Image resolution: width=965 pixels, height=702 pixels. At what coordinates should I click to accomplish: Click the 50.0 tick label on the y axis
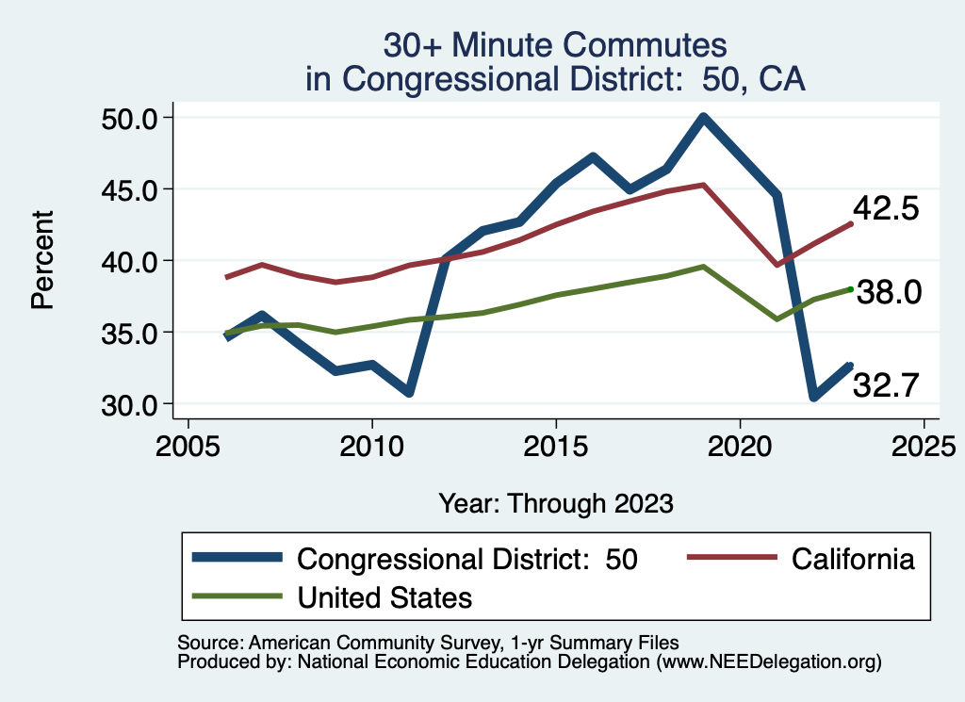click(x=132, y=118)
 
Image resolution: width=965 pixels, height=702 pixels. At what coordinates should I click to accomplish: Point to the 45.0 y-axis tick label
click(x=132, y=189)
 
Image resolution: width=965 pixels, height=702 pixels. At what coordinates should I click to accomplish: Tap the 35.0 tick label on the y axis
click(x=132, y=333)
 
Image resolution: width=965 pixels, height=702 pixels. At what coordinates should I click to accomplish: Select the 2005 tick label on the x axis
click(x=188, y=442)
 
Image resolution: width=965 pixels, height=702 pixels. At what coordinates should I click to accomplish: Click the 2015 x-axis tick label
click(x=556, y=442)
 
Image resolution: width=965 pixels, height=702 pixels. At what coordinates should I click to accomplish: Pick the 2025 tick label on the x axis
click(x=924, y=442)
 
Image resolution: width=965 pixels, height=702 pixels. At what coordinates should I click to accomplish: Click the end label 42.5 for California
click(x=886, y=208)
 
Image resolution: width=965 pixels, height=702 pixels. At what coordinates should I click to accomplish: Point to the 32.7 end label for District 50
click(x=886, y=384)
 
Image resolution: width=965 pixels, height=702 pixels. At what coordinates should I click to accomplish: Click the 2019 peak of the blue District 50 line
click(x=703, y=118)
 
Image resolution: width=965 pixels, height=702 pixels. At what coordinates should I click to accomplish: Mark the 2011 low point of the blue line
click(x=409, y=391)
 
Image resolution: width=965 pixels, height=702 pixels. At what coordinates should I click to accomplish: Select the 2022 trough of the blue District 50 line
click(x=813, y=397)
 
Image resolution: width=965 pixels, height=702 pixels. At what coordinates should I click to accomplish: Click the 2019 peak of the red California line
click(x=703, y=185)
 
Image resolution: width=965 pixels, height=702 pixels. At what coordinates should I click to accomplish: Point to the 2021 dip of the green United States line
click(x=777, y=318)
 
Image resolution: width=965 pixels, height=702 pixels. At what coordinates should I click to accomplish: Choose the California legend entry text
click(x=853, y=559)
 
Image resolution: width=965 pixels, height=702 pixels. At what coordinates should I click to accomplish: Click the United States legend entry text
click(x=384, y=597)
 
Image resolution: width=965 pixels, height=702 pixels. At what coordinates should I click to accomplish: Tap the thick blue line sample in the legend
click(x=237, y=559)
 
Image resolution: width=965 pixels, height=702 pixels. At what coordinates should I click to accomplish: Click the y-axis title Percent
click(x=41, y=261)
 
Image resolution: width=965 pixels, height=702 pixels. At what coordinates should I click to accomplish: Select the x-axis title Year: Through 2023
click(x=556, y=503)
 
